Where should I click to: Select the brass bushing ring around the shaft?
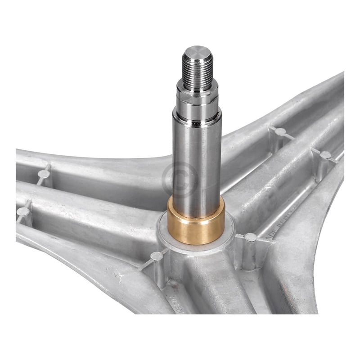point(196,225)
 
